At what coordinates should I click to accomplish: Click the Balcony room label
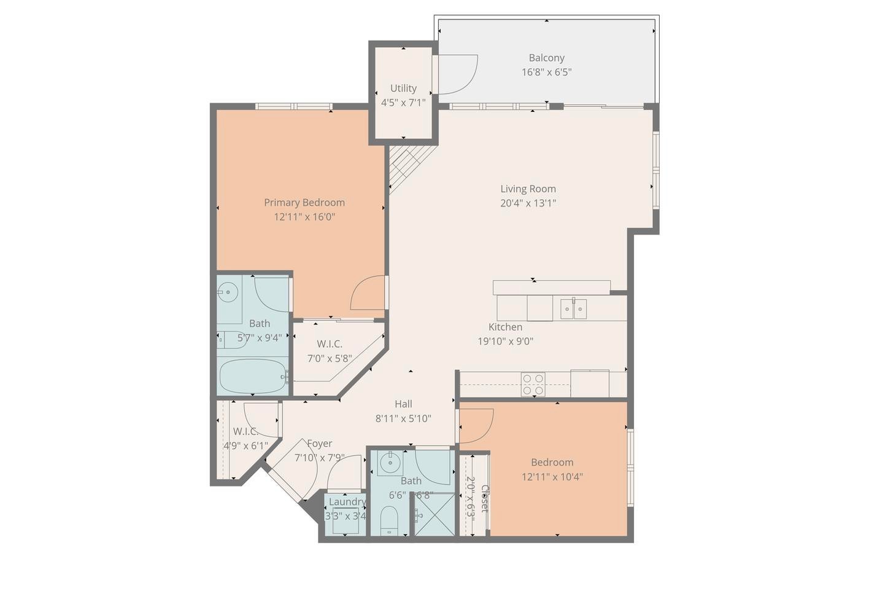click(x=546, y=58)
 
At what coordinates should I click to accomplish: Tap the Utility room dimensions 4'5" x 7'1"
click(x=403, y=103)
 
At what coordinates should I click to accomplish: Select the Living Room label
click(x=528, y=189)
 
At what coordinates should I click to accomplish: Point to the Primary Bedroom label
click(x=304, y=202)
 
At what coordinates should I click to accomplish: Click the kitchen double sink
click(x=573, y=308)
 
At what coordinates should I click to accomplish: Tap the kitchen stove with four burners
click(x=533, y=384)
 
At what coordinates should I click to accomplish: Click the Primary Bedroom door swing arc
click(x=368, y=294)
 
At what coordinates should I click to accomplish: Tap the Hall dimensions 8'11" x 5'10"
click(x=403, y=418)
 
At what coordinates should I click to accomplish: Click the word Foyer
click(x=319, y=444)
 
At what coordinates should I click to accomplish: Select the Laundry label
click(x=347, y=501)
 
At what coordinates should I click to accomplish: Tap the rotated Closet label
click(x=485, y=498)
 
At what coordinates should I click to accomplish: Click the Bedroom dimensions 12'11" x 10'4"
click(x=552, y=476)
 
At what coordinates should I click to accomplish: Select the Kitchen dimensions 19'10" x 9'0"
click(x=505, y=341)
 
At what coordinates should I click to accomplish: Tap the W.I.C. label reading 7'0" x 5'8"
click(x=330, y=358)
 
